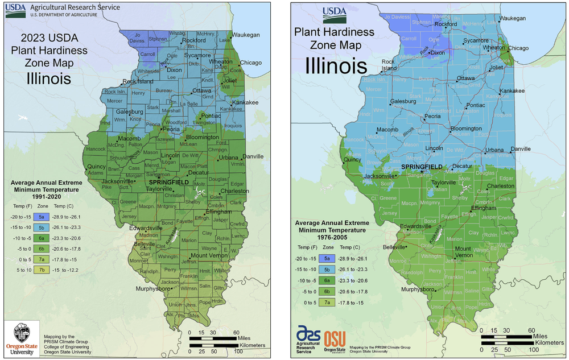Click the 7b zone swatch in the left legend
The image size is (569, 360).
tap(42, 270)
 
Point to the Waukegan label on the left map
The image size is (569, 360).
tap(246, 35)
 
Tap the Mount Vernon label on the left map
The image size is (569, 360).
tap(208, 255)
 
